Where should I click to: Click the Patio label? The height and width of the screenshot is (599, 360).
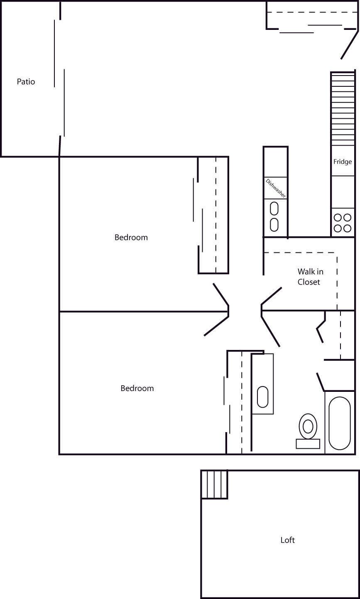(x=26, y=82)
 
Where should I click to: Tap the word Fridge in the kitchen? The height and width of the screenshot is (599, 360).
(x=343, y=162)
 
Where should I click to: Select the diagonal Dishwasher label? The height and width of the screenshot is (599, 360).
(x=276, y=188)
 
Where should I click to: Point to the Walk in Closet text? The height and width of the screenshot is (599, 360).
(x=310, y=277)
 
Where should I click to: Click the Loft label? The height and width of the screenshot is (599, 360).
(x=287, y=540)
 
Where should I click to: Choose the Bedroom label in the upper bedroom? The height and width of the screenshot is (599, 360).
(x=131, y=237)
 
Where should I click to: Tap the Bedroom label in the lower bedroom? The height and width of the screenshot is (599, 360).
(x=137, y=388)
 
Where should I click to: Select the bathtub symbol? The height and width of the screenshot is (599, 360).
(x=340, y=423)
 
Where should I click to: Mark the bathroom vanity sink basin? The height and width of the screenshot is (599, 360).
(x=262, y=397)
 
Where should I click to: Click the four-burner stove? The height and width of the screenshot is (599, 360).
(x=343, y=223)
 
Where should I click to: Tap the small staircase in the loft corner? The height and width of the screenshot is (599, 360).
(x=214, y=484)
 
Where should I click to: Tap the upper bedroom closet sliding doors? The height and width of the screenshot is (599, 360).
(x=198, y=215)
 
